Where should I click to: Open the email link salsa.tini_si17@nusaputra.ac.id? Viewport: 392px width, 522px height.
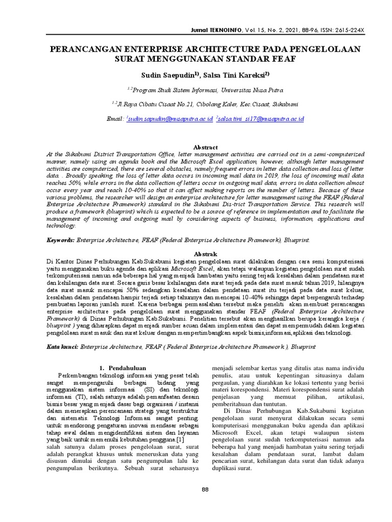(261, 119)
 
